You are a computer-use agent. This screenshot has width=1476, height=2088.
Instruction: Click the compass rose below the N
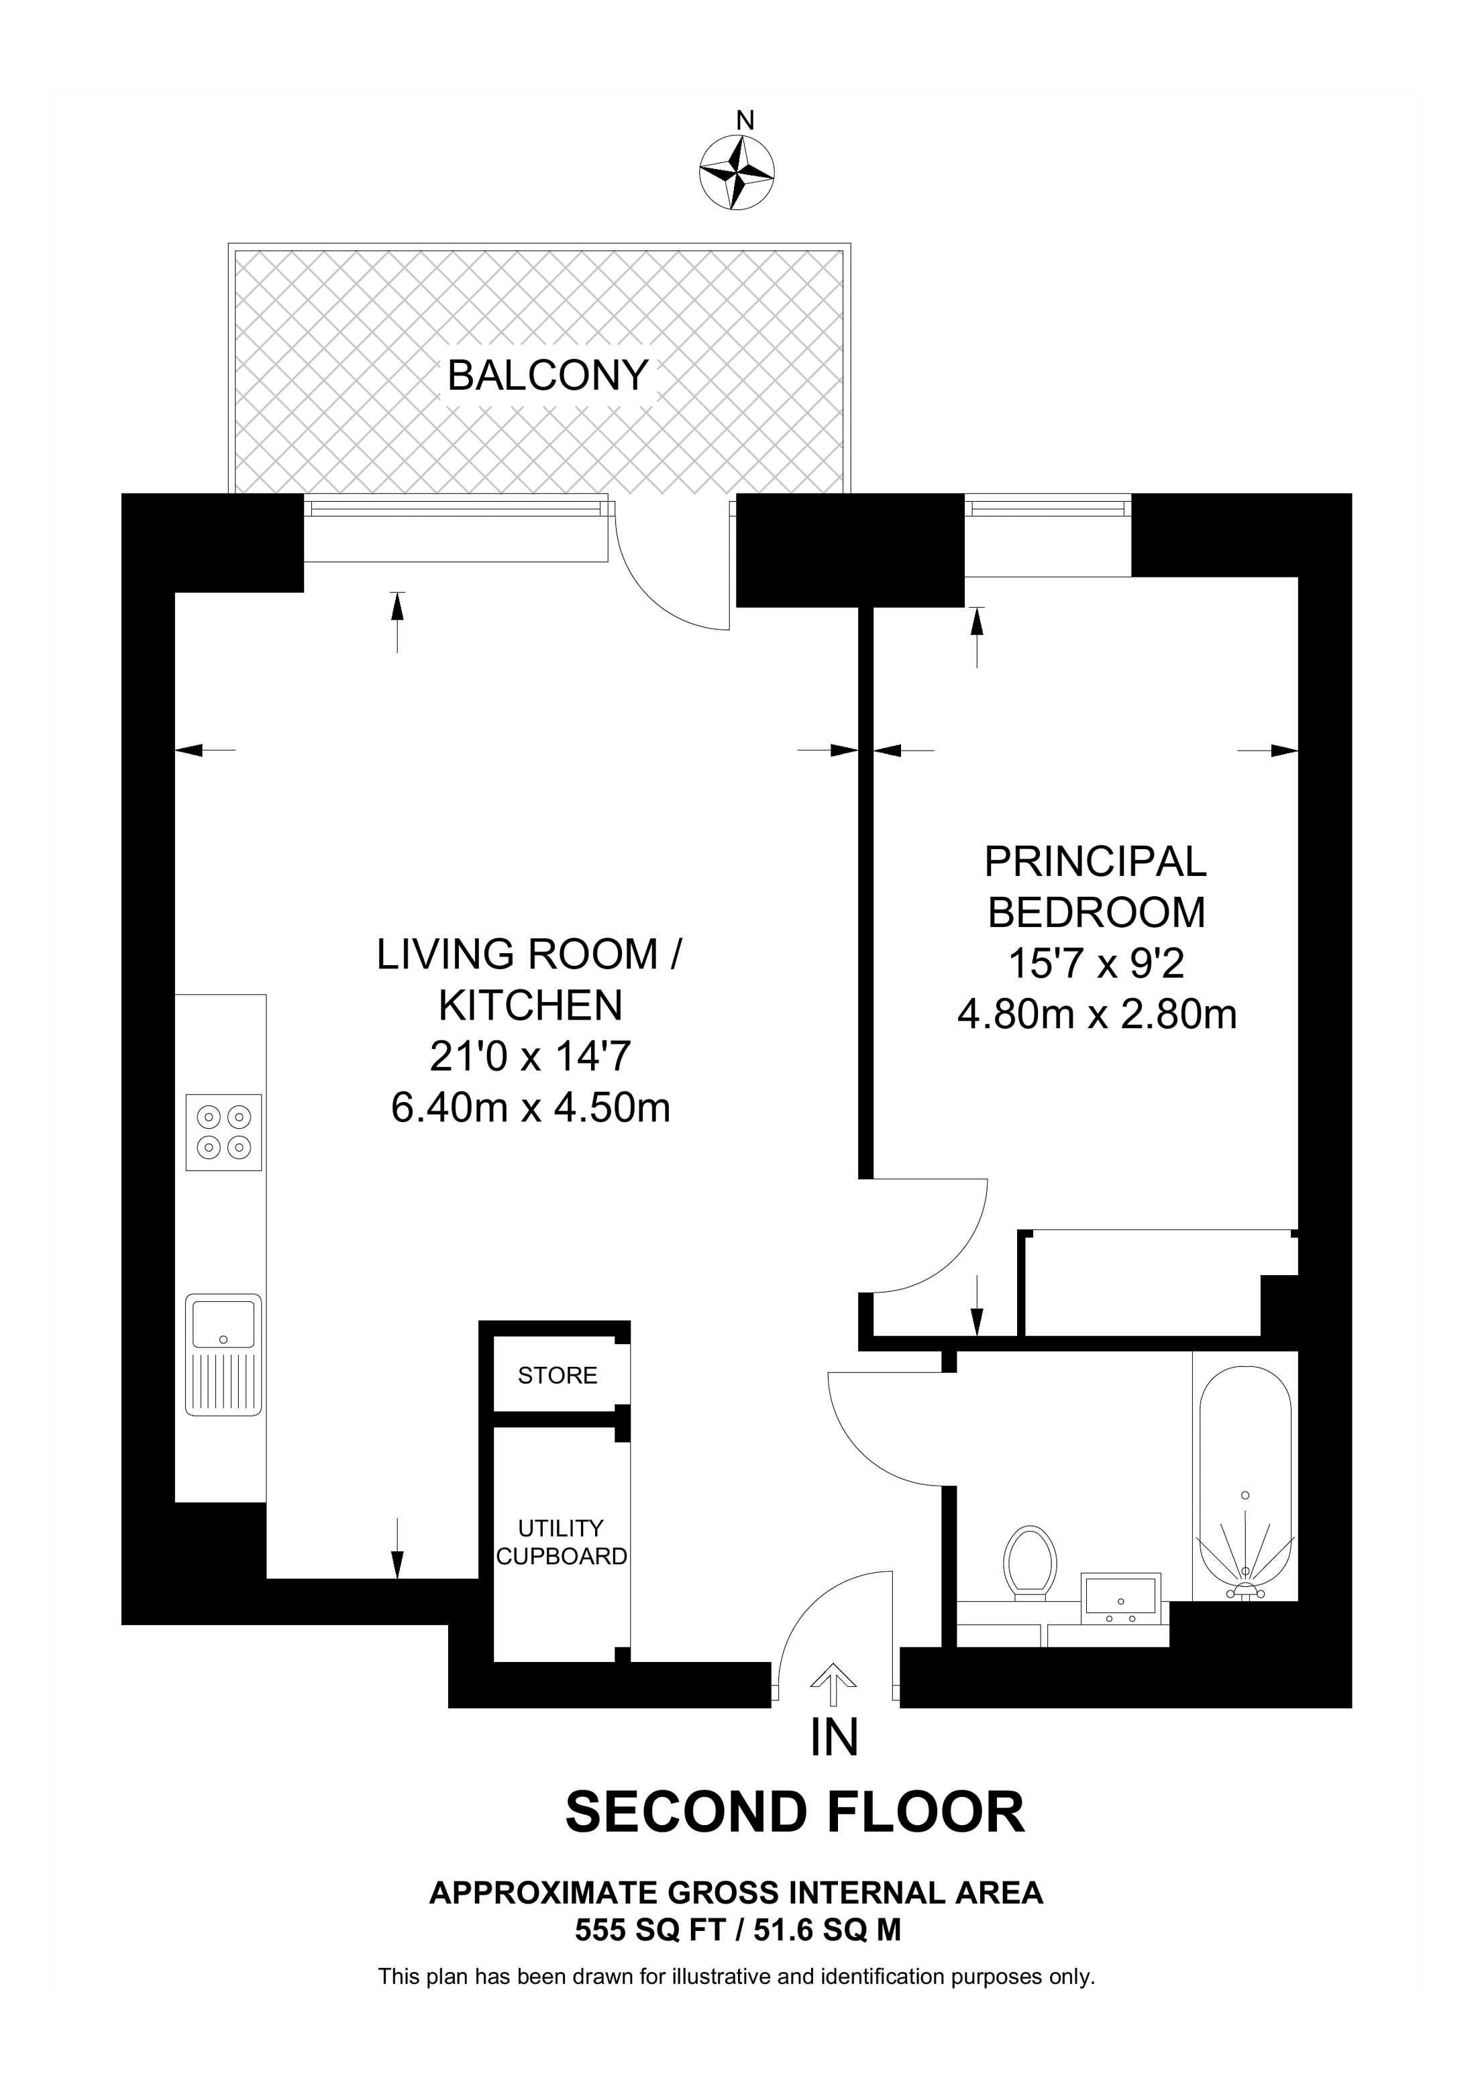(737, 172)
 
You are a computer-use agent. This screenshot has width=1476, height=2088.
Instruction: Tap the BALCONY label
(547, 376)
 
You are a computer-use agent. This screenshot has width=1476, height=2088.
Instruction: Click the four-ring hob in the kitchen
(223, 1132)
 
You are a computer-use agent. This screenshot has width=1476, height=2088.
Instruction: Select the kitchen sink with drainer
(223, 1354)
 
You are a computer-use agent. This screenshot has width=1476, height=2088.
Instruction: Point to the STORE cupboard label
(558, 1375)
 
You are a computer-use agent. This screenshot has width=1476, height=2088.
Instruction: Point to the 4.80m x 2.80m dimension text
(1097, 1014)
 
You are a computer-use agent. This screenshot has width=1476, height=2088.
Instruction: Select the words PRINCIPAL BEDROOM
(1096, 887)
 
